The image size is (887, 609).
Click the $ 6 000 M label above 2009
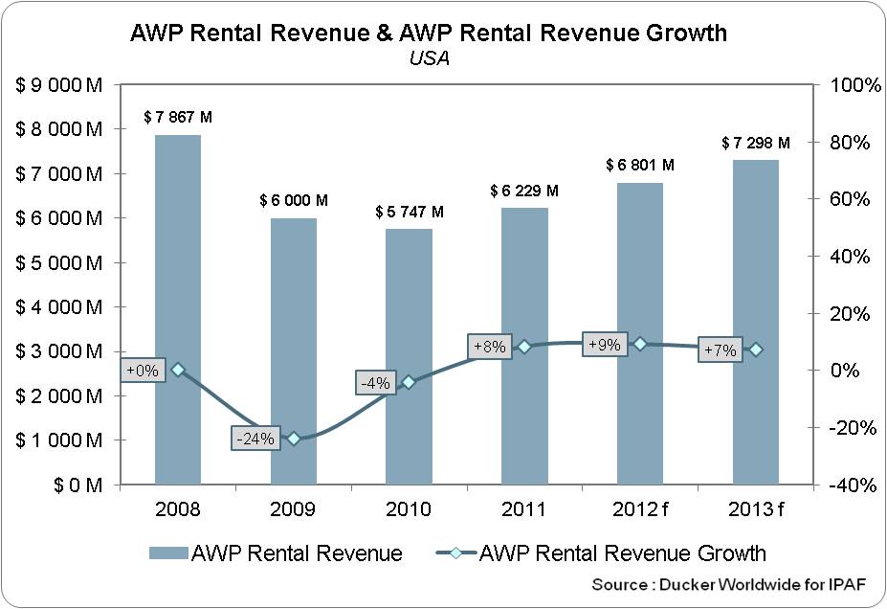(x=294, y=201)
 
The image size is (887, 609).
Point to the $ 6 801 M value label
(x=639, y=166)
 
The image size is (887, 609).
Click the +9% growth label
(x=605, y=345)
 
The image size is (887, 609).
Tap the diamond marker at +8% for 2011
(x=524, y=347)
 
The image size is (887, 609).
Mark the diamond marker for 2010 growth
(x=409, y=381)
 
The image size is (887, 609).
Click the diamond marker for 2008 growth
(x=178, y=370)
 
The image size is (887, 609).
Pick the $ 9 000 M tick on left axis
(x=58, y=85)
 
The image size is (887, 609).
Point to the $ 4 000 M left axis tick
(x=58, y=307)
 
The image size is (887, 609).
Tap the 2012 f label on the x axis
(x=639, y=508)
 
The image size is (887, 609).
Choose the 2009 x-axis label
(x=294, y=508)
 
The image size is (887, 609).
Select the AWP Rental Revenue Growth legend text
(x=622, y=553)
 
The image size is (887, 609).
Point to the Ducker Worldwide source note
(x=729, y=584)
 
